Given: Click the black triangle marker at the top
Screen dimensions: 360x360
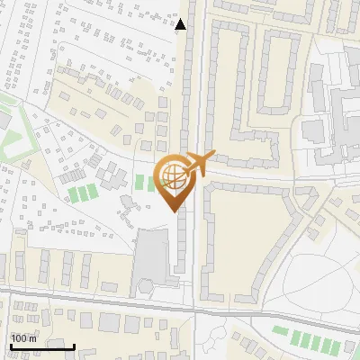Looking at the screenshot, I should (181, 24).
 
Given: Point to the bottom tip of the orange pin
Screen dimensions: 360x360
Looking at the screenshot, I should (174, 211).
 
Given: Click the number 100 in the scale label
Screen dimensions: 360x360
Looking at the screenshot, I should (20, 338).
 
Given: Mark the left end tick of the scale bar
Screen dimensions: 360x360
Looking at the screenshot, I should (11, 346).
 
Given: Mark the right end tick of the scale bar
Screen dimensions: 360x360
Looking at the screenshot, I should (74, 346).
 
